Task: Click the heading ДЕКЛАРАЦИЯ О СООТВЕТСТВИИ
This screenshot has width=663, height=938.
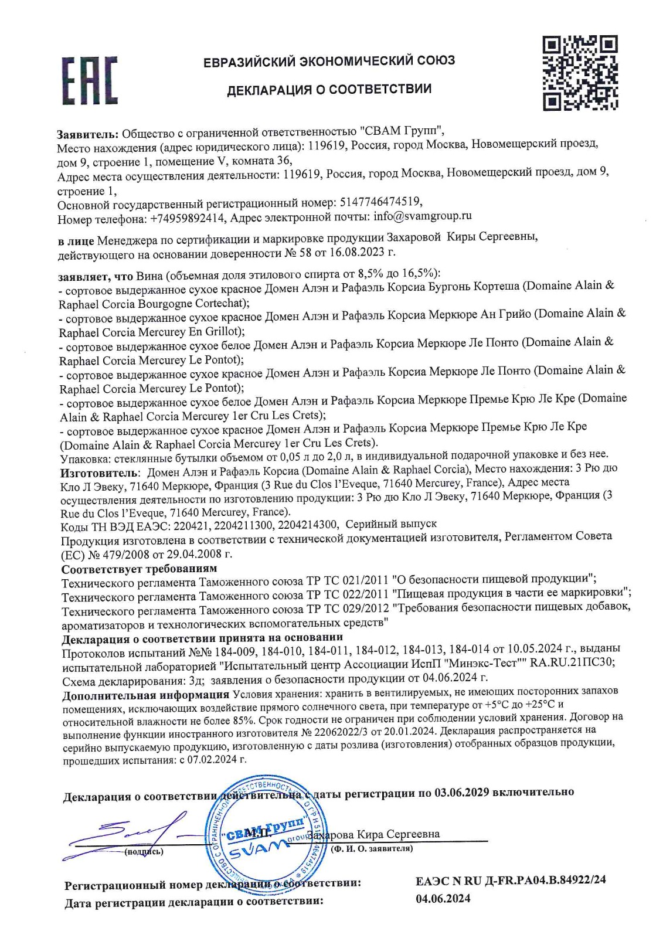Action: tap(329, 90)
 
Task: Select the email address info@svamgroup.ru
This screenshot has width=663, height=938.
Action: tap(423, 216)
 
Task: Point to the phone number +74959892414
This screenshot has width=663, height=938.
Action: tap(187, 219)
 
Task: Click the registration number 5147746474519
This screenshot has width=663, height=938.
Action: tap(380, 202)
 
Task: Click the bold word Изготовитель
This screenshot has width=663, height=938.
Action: tap(100, 472)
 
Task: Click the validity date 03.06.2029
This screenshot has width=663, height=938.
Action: tap(461, 792)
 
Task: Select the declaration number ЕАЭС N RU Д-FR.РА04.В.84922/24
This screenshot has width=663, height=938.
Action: tap(511, 881)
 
